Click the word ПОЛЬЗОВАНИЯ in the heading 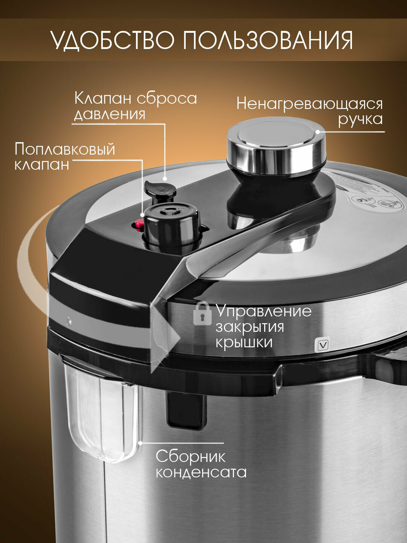click(268, 40)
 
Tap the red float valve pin click(139, 224)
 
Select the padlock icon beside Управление click(202, 314)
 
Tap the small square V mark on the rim click(323, 345)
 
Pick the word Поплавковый click(65, 149)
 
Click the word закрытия click(250, 328)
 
